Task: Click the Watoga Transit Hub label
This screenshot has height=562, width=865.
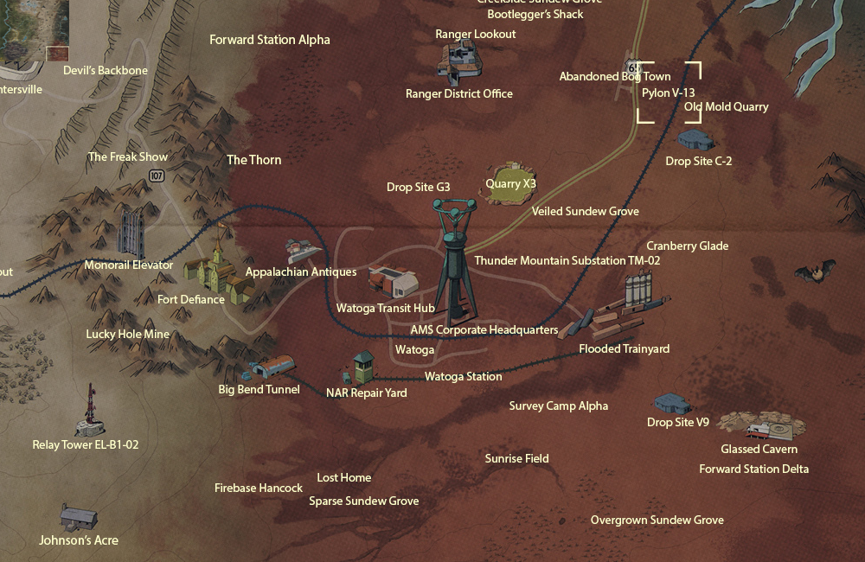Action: [x=385, y=308]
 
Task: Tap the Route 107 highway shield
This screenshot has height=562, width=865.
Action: [x=156, y=176]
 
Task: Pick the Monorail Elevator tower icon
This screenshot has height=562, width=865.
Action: [x=131, y=231]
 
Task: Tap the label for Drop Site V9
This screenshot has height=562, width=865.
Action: [x=678, y=422]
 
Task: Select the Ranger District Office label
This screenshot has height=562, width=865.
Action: [x=459, y=93]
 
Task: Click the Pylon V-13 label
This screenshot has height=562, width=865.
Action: [x=669, y=92]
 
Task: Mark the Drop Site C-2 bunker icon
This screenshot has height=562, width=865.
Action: [x=695, y=138]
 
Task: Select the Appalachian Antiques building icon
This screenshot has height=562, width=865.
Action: [x=300, y=252]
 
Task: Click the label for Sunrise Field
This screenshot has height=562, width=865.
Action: [x=516, y=458]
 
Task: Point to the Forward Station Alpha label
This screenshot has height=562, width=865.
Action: [x=270, y=40]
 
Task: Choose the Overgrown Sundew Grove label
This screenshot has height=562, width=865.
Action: [x=657, y=520]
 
